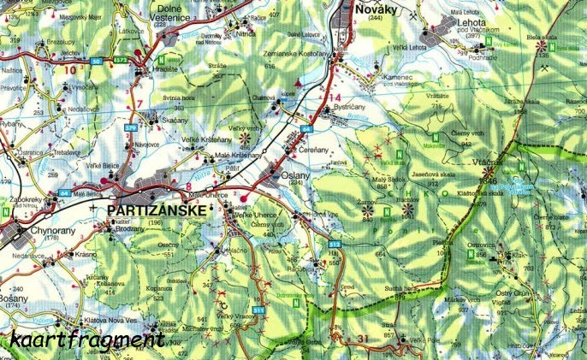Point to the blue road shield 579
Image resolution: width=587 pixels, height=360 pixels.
click(x=131, y=128)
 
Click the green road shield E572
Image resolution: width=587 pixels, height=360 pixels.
click(x=120, y=61)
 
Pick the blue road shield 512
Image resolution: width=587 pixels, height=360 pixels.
click(x=334, y=245)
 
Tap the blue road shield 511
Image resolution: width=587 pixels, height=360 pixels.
click(x=258, y=309)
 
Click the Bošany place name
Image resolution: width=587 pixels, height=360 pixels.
click(x=15, y=297)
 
